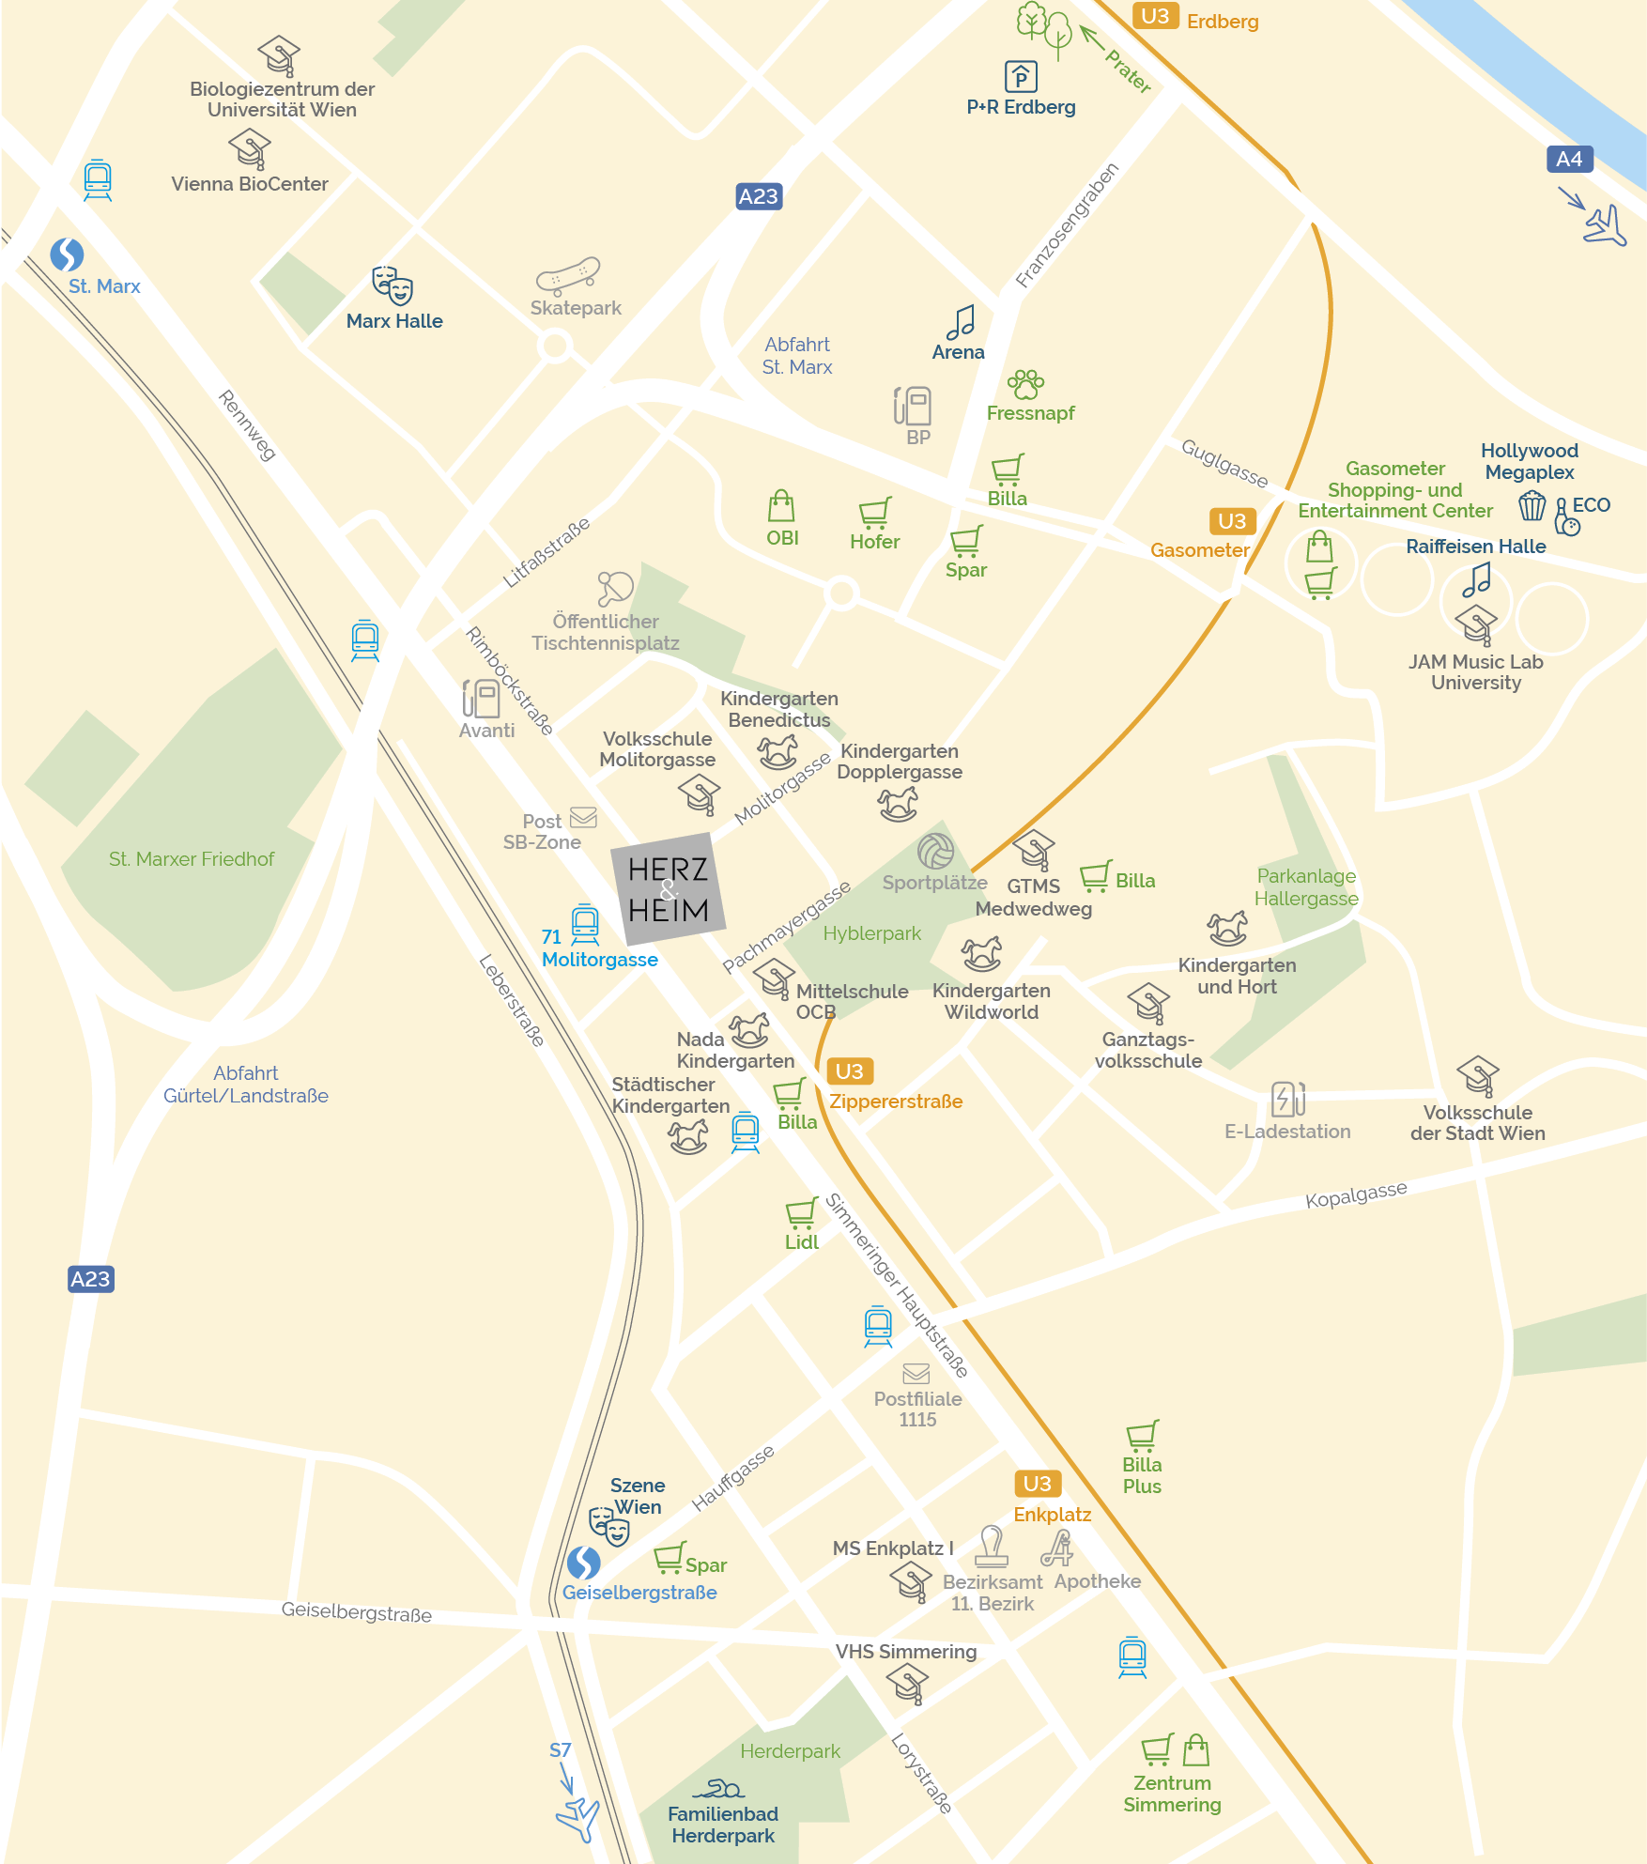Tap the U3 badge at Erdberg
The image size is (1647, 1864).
pos(1155,16)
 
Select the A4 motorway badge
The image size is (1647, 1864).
pos(1569,160)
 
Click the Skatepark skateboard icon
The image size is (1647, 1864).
pos(568,275)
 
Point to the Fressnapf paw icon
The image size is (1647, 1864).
pos(1025,383)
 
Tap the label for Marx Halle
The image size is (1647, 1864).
pos(394,321)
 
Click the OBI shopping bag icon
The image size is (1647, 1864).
pos(781,506)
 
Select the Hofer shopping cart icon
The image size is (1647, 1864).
pos(874,513)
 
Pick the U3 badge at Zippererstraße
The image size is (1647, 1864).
pos(849,1071)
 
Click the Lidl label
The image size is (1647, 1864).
pos(802,1242)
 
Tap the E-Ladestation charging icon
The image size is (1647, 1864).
pos(1287,1098)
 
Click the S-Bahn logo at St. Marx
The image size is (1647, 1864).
pos(67,254)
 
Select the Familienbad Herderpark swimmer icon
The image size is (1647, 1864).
pos(720,1789)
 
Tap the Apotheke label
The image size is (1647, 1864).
pos(1098,1581)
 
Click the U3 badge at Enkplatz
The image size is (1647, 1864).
pos(1037,1484)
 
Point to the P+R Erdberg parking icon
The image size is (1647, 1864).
pos(1021,76)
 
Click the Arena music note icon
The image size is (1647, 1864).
pos(961,322)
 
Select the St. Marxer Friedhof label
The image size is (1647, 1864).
pos(192,859)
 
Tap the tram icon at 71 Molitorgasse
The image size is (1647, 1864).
pos(585,924)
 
